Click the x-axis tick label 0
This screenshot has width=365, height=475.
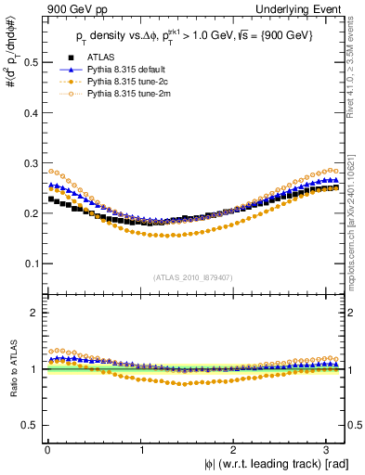(x=46, y=450)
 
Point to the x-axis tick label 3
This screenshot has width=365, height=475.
(x=332, y=450)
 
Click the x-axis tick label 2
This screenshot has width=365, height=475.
(x=237, y=450)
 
